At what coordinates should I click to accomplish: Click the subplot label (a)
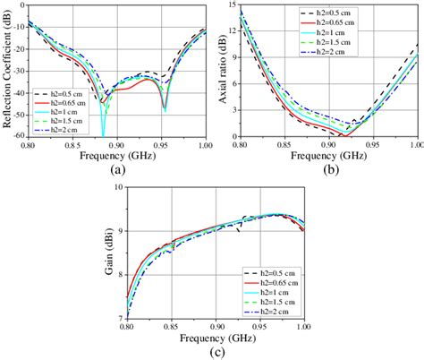(x=117, y=168)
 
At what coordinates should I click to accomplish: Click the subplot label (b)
(x=331, y=168)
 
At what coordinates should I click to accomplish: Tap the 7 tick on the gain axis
(x=122, y=319)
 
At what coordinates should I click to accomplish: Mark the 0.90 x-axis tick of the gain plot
(x=216, y=328)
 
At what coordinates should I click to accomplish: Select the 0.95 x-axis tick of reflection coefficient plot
(x=162, y=146)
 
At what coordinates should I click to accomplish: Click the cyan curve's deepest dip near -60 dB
(x=103, y=133)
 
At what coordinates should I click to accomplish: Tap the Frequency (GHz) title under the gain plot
(x=217, y=340)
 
